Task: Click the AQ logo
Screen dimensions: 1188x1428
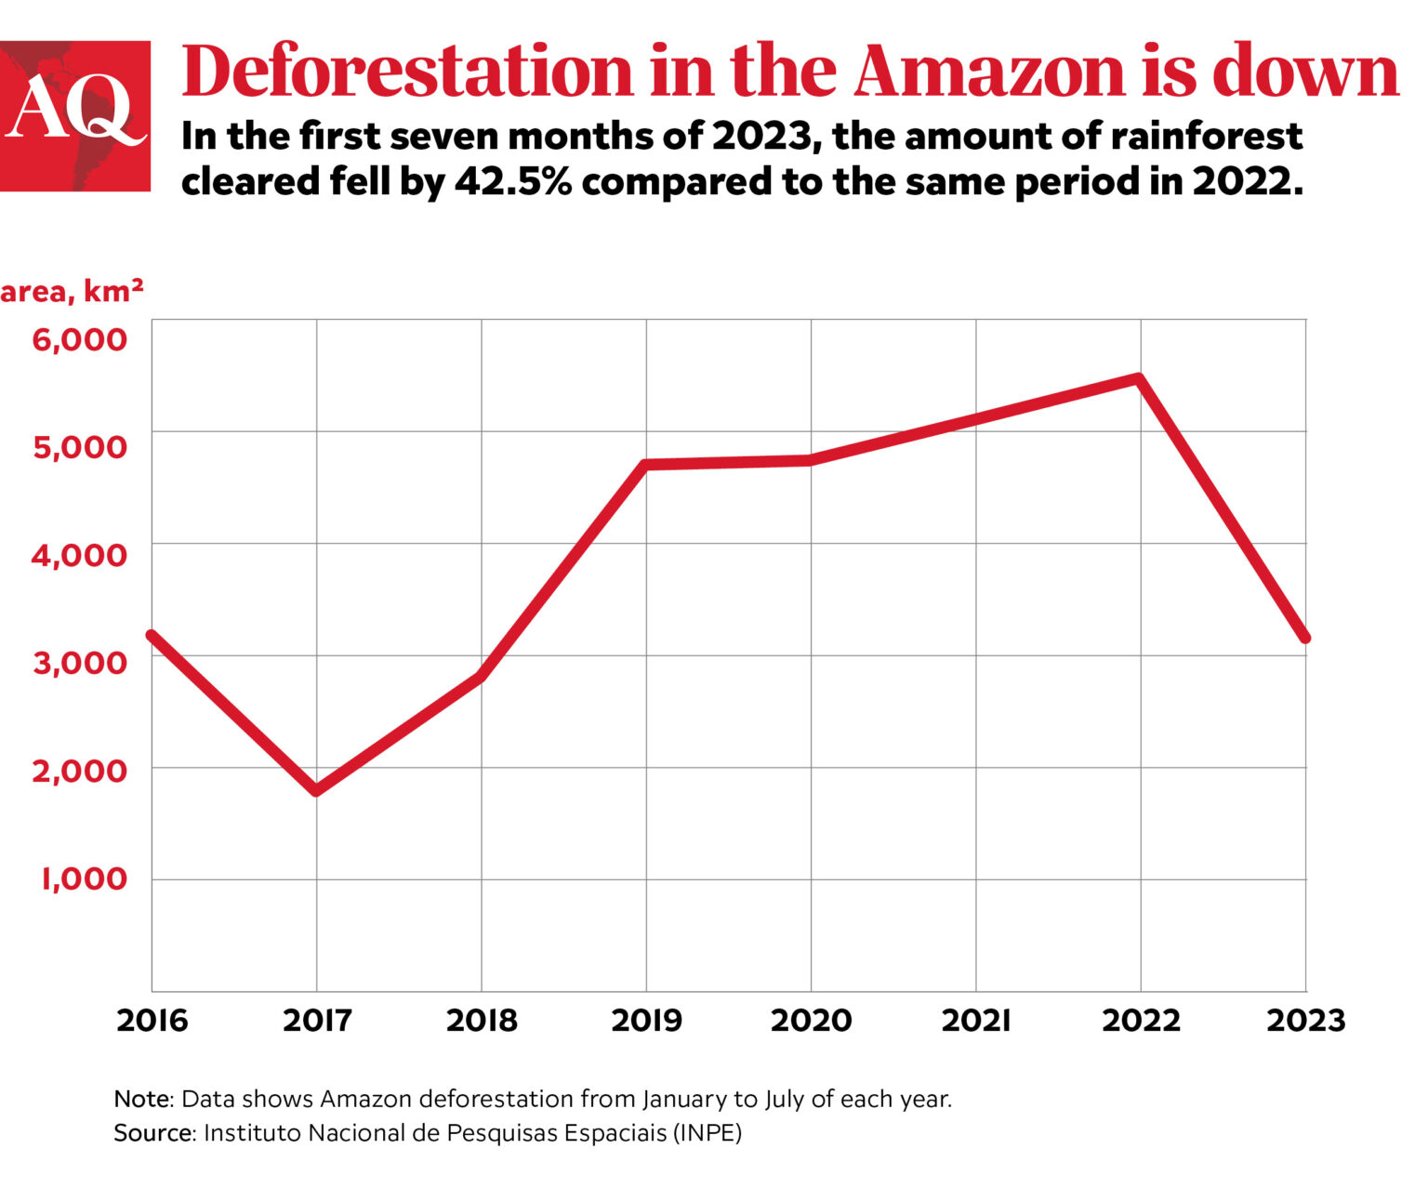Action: tap(74, 116)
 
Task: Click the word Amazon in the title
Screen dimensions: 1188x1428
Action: tap(988, 71)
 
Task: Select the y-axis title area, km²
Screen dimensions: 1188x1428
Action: tap(72, 291)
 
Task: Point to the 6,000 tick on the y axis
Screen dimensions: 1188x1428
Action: tap(79, 339)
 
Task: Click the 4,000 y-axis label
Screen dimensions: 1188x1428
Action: tap(79, 555)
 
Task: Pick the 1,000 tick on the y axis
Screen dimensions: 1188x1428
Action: tap(82, 878)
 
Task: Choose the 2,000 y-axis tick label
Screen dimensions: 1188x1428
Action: tap(79, 770)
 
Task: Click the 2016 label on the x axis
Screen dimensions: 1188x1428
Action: tap(152, 1021)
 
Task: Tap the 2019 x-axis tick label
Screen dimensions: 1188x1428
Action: tap(646, 1021)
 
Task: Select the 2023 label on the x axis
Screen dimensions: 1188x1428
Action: tap(1305, 1021)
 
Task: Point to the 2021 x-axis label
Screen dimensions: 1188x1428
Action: tap(975, 1021)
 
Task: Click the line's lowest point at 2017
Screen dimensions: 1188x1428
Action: tap(317, 790)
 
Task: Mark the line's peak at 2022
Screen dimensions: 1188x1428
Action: tap(1139, 378)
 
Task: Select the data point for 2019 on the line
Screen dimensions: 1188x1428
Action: tap(646, 464)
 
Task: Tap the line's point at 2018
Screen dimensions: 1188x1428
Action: tap(481, 676)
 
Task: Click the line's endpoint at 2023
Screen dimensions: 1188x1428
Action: tap(1305, 638)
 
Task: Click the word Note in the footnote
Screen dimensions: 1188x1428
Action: tap(142, 1099)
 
